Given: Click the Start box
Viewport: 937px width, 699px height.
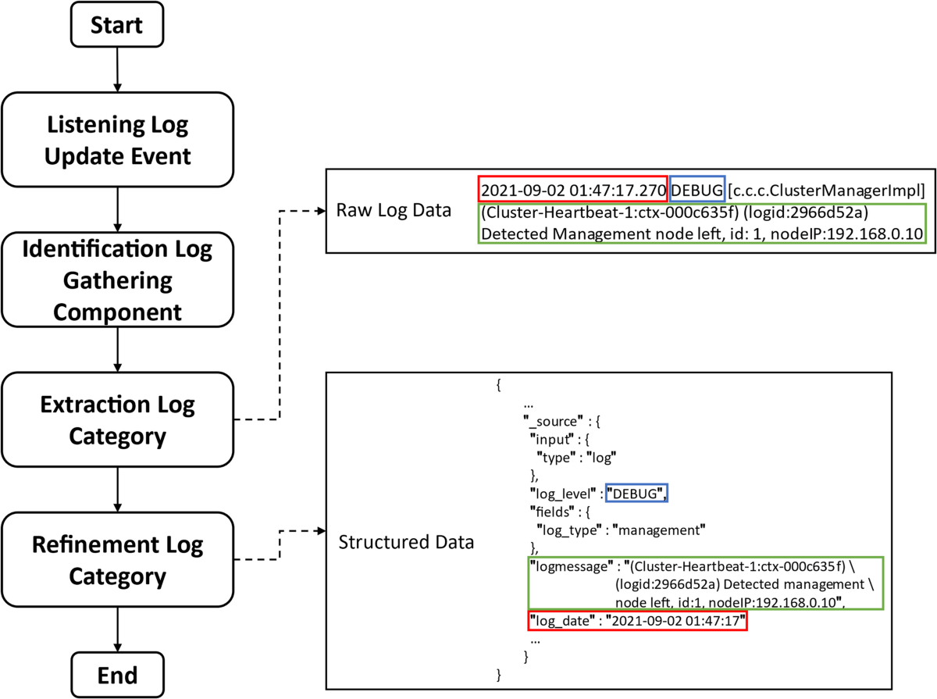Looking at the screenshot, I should click(x=117, y=26).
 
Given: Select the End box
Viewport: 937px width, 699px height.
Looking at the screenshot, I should click(x=117, y=674).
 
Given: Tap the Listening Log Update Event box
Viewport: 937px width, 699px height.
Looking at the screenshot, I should click(x=117, y=140).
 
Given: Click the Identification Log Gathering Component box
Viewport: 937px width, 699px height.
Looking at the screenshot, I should click(x=117, y=280).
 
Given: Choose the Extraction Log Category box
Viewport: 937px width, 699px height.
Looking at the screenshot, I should click(x=117, y=420).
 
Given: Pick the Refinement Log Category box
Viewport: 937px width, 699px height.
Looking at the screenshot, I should click(x=117, y=560).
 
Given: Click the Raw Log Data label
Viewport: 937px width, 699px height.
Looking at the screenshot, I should click(x=393, y=211).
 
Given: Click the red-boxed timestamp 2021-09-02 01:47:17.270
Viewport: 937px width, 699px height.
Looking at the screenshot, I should click(x=572, y=190).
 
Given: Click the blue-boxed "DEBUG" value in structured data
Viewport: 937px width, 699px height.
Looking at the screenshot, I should click(x=639, y=494).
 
